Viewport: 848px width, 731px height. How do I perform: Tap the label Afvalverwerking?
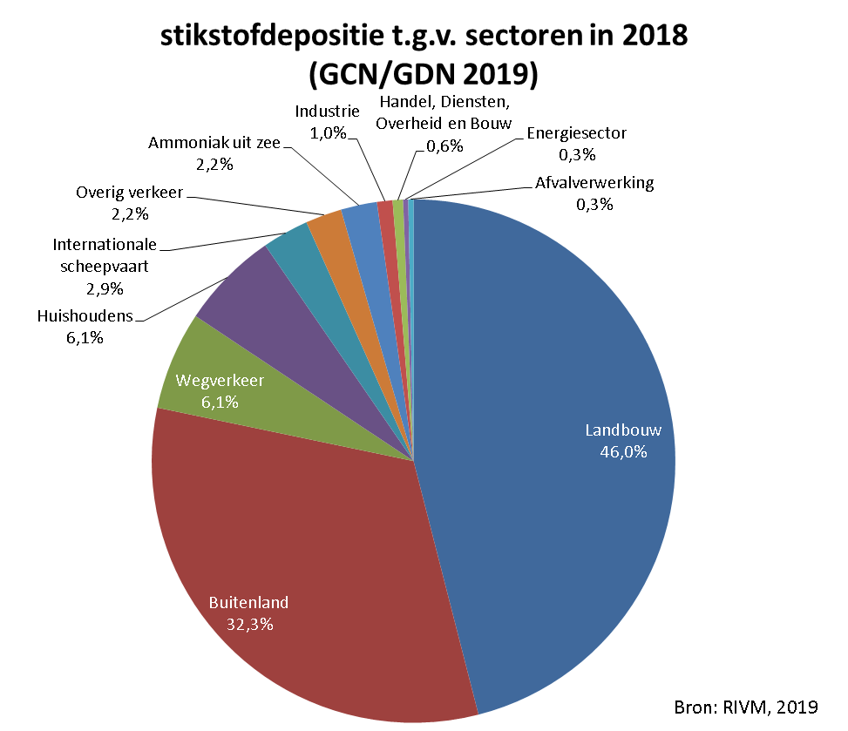coord(594,183)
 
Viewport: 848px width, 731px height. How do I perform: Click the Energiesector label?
coord(577,133)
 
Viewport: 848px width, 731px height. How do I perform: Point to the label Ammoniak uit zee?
coord(214,143)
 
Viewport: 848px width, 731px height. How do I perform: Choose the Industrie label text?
coord(327,112)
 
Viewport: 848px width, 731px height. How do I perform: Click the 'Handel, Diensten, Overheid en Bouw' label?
coord(444,112)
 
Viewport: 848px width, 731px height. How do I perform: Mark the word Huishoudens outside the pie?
coord(85,315)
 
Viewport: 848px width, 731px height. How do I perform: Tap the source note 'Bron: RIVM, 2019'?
coord(748,706)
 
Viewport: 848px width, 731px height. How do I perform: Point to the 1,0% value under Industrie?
coord(329,132)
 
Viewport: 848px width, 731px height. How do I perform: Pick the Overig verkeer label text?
coord(128,193)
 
